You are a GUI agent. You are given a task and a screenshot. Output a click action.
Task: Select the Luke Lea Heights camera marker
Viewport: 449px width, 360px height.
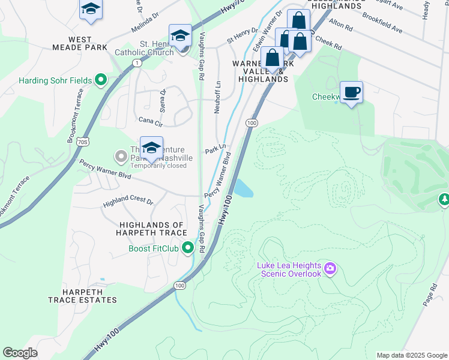click(330, 269)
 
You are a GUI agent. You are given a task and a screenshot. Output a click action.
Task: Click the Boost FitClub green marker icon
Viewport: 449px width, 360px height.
click(188, 247)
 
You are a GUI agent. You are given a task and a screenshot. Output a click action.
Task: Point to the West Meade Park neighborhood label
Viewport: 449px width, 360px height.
click(88, 43)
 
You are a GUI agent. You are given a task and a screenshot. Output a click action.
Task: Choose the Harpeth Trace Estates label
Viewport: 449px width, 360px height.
click(82, 295)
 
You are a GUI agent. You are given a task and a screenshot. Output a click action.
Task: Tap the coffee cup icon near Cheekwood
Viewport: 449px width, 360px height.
click(351, 92)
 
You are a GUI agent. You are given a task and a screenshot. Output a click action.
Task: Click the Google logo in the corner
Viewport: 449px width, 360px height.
click(20, 353)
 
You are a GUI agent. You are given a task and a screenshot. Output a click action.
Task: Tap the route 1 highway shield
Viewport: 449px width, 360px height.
click(138, 63)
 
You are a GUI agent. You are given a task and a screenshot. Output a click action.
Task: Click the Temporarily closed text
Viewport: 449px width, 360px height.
click(158, 166)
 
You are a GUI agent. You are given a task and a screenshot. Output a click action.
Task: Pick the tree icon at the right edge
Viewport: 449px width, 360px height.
click(444, 199)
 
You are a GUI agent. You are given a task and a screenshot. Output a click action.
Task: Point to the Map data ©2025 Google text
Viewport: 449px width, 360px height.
click(412, 355)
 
